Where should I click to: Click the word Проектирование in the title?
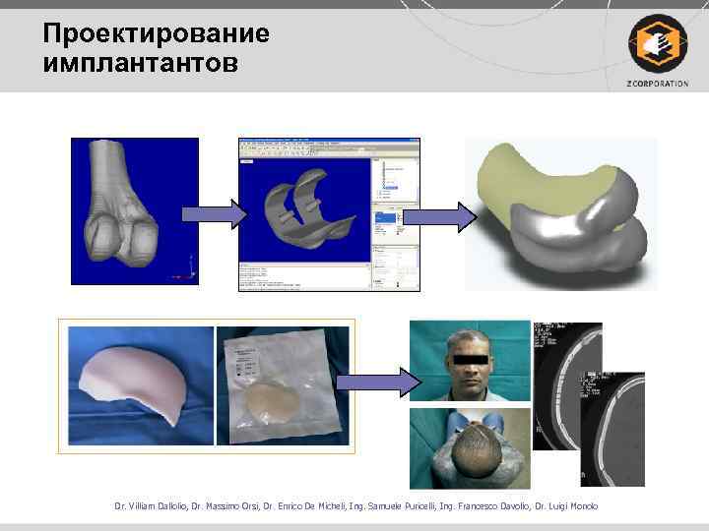(x=156, y=34)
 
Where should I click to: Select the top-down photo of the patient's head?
(x=469, y=447)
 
